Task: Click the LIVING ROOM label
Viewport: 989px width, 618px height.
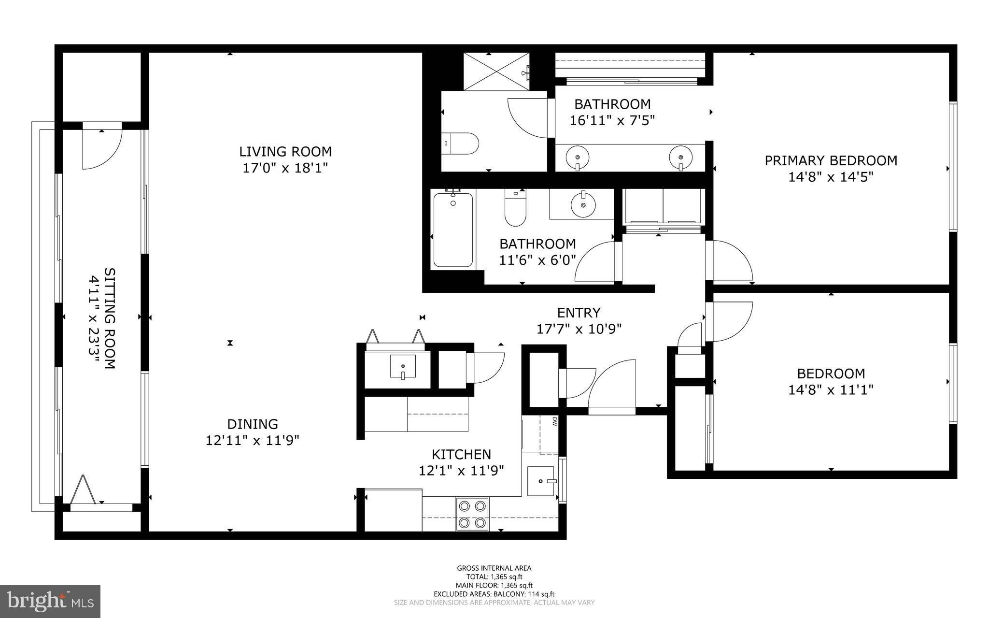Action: pos(285,152)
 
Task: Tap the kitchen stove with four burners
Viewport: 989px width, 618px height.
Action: pos(472,514)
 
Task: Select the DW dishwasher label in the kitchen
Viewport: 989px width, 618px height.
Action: pos(554,421)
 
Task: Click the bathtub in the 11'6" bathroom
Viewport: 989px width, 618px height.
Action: pos(452,230)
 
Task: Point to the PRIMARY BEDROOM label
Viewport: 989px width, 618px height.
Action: pos(831,160)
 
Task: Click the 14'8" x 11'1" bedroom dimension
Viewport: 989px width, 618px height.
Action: pos(831,389)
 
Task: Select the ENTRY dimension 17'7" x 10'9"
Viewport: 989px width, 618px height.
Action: pos(579,329)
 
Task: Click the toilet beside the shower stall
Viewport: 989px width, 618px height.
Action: pos(460,144)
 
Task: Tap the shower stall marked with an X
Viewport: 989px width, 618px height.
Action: pos(496,71)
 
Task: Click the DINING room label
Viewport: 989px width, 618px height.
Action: pos(253,424)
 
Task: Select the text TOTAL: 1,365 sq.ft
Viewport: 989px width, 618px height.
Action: pos(494,576)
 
